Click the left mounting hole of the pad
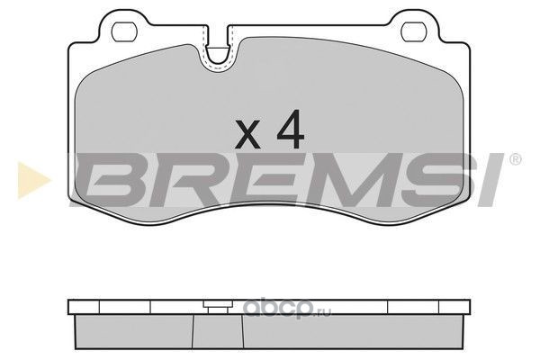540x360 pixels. [x=125, y=31]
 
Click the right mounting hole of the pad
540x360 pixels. [x=414, y=31]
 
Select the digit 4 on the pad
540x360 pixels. [x=291, y=130]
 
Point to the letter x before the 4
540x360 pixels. [x=247, y=135]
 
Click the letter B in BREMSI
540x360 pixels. [x=109, y=179]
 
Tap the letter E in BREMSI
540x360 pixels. [x=265, y=179]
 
